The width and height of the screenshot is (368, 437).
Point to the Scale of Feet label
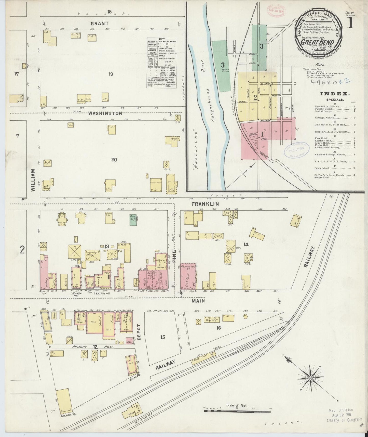tap(237, 405)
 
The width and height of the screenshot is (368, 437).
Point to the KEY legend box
tap(162, 63)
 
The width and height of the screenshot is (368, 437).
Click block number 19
tap(110, 74)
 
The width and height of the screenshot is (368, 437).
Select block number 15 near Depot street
tap(162, 337)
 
